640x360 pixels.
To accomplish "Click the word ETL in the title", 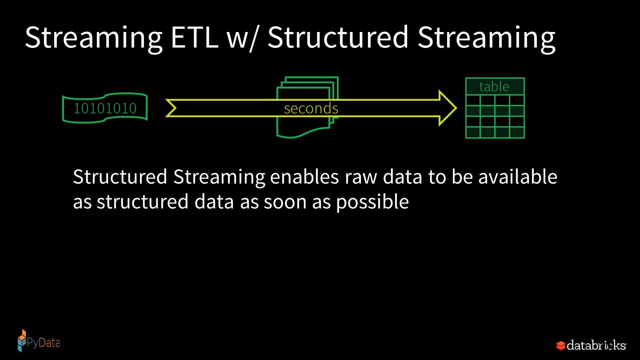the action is pos(194,37).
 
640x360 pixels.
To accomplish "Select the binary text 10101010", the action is pos(105,108).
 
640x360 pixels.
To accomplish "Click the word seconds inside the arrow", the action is pos(311,108).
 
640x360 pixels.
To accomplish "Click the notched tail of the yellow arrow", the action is pos(172,108).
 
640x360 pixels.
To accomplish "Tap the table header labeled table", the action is pos(495,86).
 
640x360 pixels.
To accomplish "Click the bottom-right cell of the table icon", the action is pos(517,132).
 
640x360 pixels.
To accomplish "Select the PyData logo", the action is pos(38,341).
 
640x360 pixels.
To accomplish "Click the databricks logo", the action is pos(591,345).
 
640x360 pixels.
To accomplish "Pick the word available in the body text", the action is pos(517,177).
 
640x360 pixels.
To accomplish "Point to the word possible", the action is pos(372,202).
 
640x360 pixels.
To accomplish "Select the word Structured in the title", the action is pos(338,37).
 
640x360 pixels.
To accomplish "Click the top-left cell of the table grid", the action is pos(473,100).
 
